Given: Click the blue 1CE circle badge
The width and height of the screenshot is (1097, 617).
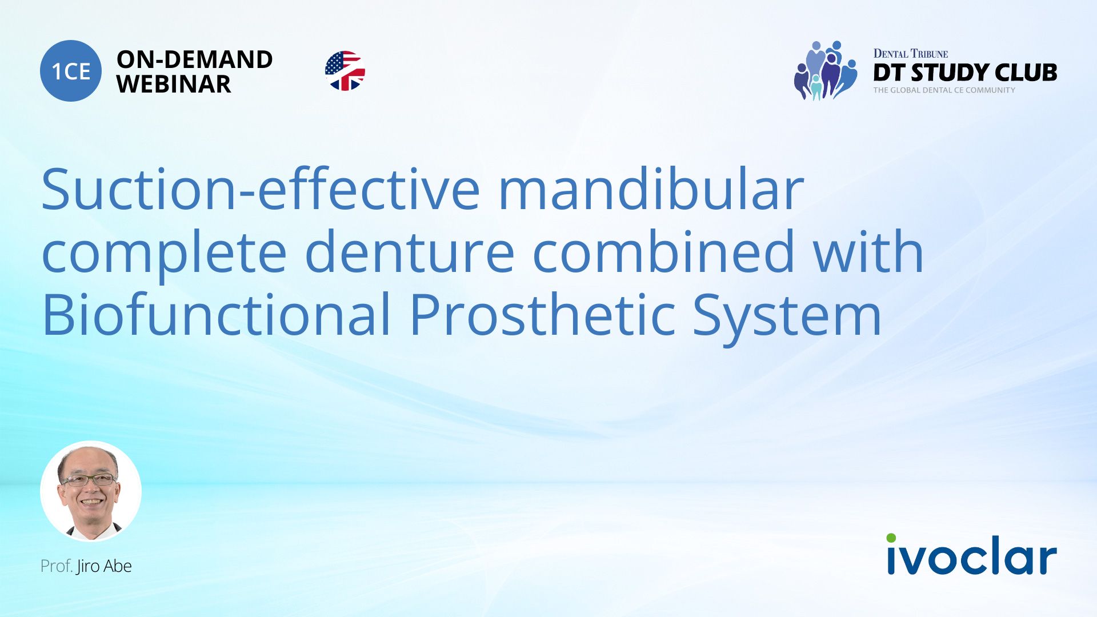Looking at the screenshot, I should click(x=71, y=71).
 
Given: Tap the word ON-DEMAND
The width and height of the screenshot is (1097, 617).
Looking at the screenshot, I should click(x=194, y=59).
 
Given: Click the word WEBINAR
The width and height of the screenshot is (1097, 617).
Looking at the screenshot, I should click(x=174, y=85).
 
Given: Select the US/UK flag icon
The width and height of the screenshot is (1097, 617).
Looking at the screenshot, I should click(x=345, y=71).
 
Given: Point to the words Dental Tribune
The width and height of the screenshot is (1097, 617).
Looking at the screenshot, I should click(x=910, y=54).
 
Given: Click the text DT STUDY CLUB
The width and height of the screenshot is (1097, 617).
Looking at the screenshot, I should click(x=964, y=73).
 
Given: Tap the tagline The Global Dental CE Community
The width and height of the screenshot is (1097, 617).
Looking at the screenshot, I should click(x=944, y=90).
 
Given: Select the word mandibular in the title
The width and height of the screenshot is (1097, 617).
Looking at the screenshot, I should click(x=651, y=190).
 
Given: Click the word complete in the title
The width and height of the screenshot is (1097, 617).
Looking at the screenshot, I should click(x=164, y=252).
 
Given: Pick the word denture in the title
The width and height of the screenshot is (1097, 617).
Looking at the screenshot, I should click(x=410, y=252).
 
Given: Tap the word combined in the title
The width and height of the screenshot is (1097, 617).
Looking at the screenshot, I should click(x=663, y=252).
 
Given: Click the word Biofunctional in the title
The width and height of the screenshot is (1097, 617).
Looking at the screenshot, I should click(x=216, y=314).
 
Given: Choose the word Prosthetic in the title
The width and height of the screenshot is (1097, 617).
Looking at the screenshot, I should click(x=542, y=314).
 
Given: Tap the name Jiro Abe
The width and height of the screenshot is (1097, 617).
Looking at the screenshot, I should click(x=104, y=566).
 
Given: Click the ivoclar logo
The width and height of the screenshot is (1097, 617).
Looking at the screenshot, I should click(x=971, y=555).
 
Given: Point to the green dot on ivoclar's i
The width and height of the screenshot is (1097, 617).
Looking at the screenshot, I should click(x=891, y=538).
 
